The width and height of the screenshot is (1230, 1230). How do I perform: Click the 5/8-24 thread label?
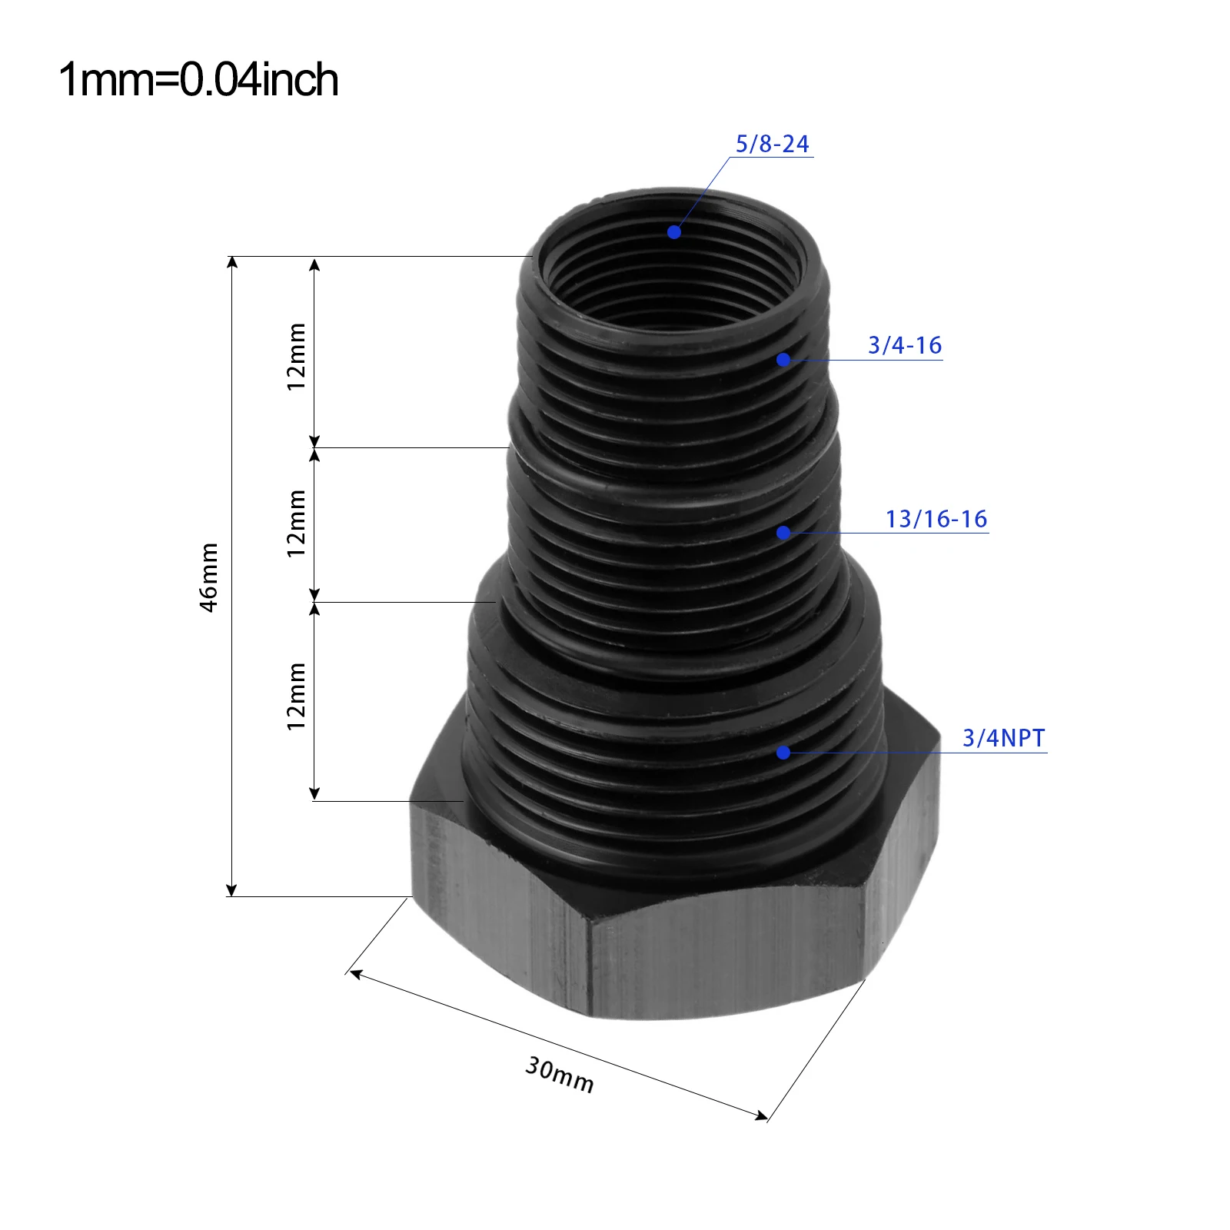pos(772,144)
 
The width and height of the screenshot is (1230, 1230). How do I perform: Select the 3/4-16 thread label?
pos(905,345)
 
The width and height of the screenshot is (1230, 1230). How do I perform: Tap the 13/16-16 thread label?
pos(936,519)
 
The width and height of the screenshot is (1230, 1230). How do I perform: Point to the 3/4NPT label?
pos(1003,738)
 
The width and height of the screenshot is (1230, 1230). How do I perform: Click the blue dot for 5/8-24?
pos(674,231)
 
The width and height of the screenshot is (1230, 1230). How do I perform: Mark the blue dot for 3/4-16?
pos(783,359)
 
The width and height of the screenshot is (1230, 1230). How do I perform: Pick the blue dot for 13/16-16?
pos(783,532)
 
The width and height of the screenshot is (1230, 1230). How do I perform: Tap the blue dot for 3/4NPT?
pos(783,753)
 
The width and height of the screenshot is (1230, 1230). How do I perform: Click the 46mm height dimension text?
pos(209,577)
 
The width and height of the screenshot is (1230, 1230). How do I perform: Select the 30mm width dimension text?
pos(560,1075)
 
